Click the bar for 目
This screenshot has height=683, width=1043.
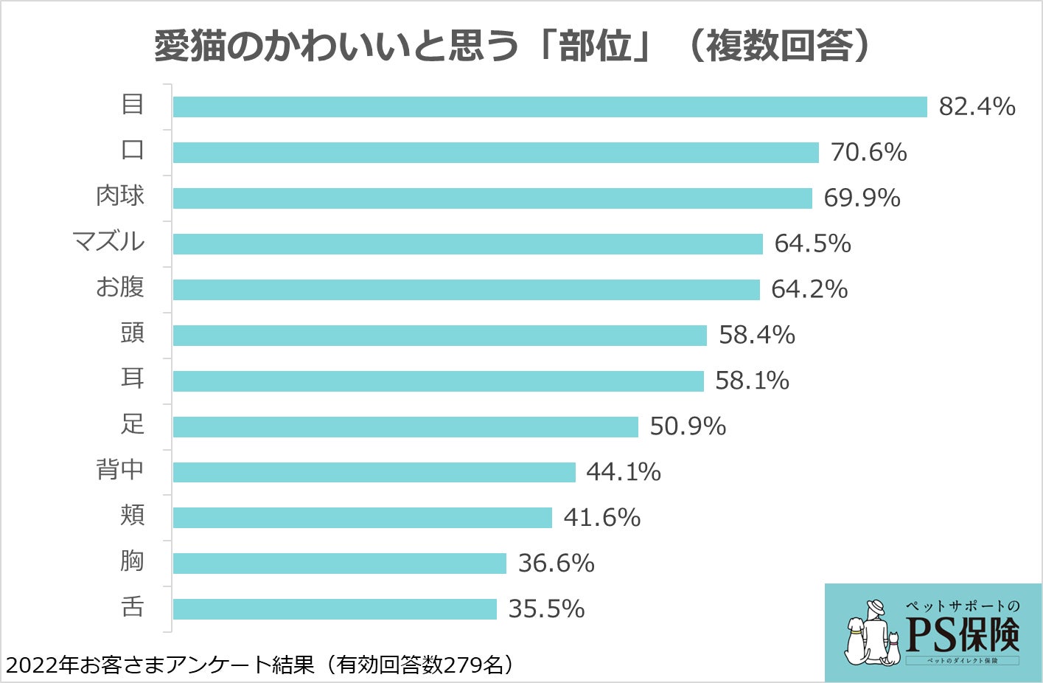click(549, 107)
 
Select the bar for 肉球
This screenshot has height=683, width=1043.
click(492, 198)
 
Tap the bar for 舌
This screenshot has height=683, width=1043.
click(335, 609)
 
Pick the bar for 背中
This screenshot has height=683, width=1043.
click(374, 472)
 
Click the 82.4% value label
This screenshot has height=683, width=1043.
click(977, 107)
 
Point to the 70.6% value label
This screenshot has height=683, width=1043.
click(868, 153)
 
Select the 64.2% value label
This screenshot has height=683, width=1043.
click(809, 289)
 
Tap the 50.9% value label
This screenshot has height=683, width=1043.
click(687, 426)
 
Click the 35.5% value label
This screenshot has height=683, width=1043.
click(546, 609)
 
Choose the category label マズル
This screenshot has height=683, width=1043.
click(108, 241)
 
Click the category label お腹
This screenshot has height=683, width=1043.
click(119, 287)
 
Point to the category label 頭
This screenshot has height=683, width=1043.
click(132, 333)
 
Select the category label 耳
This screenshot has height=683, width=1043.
click(132, 378)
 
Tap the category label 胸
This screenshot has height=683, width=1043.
click(132, 561)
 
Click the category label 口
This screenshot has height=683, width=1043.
click(132, 150)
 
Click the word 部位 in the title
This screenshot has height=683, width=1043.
click(595, 46)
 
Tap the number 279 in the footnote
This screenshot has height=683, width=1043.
click(463, 665)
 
